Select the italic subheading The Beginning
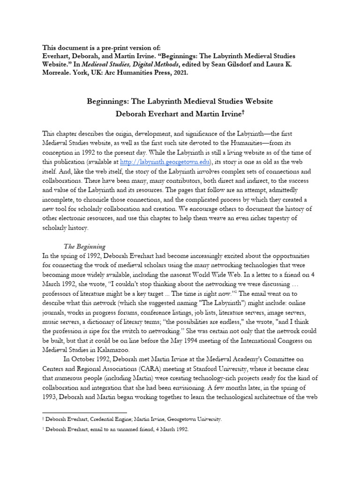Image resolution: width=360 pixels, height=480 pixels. point(85,246)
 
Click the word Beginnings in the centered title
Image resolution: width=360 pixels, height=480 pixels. point(109,101)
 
